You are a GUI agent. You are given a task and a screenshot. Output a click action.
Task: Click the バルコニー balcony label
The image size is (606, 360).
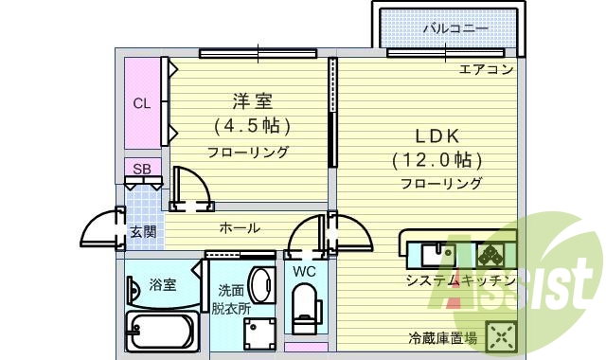[x=454, y=28]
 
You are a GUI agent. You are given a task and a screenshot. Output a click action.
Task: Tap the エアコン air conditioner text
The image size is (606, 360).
[x=486, y=69]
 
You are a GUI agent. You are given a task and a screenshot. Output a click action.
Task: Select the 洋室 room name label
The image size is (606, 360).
[x=251, y=99]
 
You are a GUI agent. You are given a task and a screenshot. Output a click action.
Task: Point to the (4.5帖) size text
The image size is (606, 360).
[x=251, y=125]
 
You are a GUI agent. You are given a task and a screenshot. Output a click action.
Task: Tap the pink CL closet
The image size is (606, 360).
[x=142, y=103]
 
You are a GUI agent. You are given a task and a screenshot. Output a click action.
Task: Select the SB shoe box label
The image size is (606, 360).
[x=141, y=170]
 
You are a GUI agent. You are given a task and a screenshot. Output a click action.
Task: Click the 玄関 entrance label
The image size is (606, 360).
[x=142, y=231]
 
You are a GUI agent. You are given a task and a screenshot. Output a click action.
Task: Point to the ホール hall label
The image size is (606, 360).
[x=240, y=228]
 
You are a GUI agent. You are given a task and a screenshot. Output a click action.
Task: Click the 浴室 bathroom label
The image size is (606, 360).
[x=162, y=284]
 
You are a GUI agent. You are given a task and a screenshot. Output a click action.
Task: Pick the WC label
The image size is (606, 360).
[x=304, y=271]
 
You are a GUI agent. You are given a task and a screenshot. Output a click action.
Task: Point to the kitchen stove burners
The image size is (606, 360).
[x=491, y=254]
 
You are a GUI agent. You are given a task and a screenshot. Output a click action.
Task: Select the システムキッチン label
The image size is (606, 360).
[x=459, y=280]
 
